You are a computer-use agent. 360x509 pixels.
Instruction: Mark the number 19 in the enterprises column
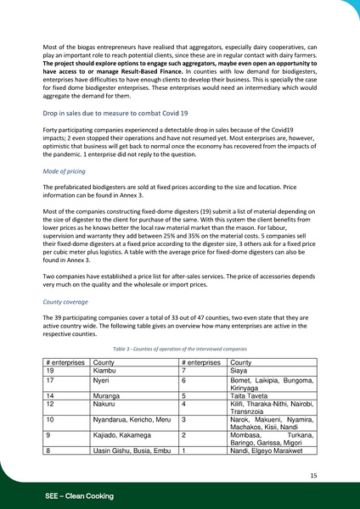(x=51, y=371)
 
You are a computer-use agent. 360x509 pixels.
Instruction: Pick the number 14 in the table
(x=51, y=395)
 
